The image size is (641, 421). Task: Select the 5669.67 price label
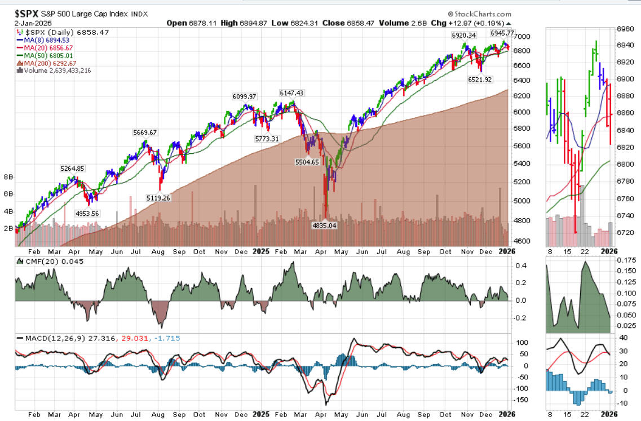click(145, 132)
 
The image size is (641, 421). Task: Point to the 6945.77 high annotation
click(489, 33)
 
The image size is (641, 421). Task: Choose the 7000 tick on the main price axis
click(526, 36)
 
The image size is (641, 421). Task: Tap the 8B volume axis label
click(9, 176)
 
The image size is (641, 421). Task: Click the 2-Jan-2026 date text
click(28, 23)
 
